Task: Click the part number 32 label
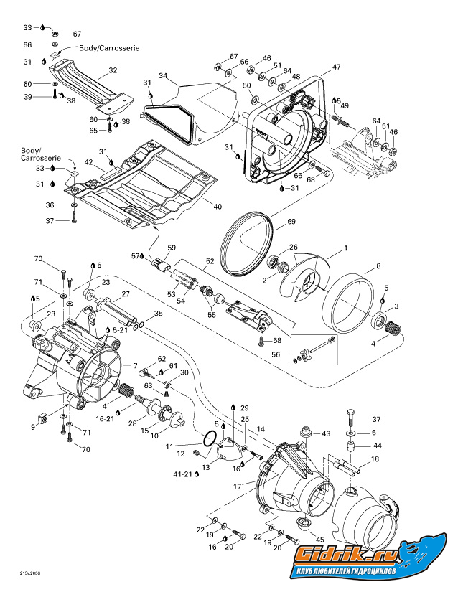coord(112,70)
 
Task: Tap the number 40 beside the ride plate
coord(218,205)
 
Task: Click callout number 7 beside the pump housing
coord(134,365)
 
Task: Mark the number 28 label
coord(131,425)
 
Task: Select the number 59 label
coord(172,248)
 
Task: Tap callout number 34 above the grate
coord(163,75)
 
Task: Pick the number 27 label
coord(125,294)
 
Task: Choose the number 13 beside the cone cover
coord(207,467)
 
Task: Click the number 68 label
coord(310,179)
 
